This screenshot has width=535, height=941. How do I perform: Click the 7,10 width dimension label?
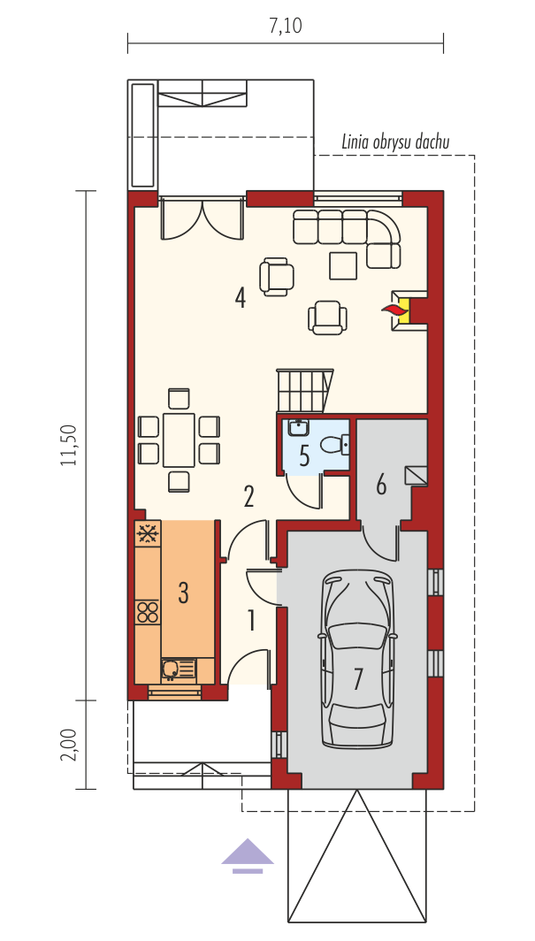[286, 27]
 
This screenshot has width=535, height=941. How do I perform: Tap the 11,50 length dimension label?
[69, 445]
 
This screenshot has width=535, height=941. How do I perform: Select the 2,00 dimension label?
[69, 745]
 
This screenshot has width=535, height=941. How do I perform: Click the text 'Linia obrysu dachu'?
[396, 142]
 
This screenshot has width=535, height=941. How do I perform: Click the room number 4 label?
[240, 298]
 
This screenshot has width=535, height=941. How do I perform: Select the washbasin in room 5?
[297, 427]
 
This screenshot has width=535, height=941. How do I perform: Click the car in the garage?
[358, 658]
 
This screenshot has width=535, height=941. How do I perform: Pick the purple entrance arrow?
[248, 856]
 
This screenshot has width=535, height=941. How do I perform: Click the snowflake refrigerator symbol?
[148, 533]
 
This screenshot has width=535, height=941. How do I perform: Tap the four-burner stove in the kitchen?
[148, 612]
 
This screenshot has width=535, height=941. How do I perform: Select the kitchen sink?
[178, 669]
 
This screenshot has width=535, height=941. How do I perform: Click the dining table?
[179, 440]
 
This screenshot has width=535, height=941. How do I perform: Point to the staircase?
[303, 390]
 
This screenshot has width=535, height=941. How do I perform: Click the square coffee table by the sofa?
[343, 266]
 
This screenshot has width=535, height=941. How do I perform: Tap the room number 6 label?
[381, 485]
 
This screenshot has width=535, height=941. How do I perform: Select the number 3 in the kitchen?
[184, 593]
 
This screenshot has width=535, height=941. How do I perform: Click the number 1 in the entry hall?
[252, 621]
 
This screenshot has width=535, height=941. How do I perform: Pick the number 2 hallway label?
[248, 497]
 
